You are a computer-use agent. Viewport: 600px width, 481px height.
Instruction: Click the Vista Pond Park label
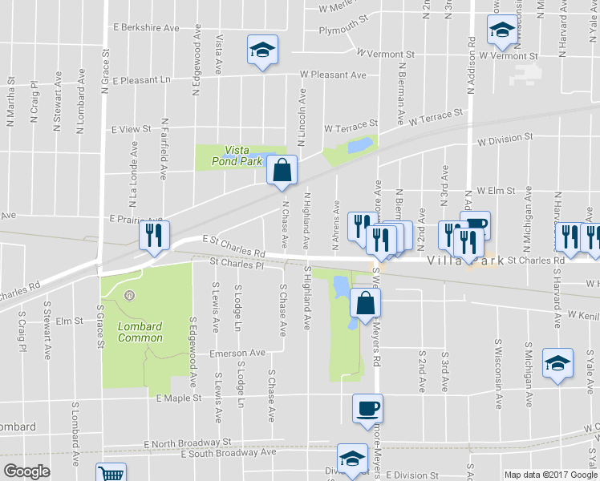pos(243,156)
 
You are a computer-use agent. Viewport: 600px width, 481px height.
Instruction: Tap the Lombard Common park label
pos(140,332)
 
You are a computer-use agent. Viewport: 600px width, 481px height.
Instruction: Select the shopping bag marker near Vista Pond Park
pos(282,170)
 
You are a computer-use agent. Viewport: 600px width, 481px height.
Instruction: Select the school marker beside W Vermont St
pos(501,31)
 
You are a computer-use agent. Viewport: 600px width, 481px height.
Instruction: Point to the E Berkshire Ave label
pos(146,28)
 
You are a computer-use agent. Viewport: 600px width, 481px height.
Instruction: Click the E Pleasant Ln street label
pos(142,80)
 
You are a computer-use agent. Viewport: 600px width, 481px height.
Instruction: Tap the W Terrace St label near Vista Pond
pos(351,127)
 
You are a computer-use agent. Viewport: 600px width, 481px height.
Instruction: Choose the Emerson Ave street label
pos(237,354)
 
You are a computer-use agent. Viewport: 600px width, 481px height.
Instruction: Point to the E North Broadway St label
pos(187,443)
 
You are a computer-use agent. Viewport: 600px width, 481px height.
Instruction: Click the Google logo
pos(26,471)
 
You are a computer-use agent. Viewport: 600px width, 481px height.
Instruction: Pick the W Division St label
pos(505,139)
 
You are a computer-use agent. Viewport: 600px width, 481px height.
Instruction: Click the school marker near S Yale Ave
pos(557,363)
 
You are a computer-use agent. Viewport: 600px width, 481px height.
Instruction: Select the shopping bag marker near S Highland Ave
pos(365,304)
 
